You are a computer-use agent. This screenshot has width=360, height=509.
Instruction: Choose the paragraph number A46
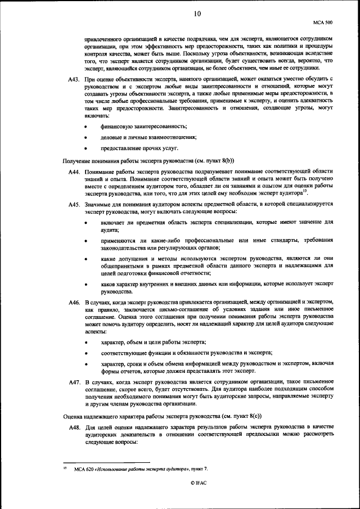click(x=73, y=303)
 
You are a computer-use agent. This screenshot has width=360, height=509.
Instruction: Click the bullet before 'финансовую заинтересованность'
click(x=85, y=127)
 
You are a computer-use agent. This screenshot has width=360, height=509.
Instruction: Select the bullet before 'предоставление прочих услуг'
click(x=85, y=148)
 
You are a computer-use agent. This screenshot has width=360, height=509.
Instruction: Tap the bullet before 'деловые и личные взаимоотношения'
click(x=85, y=137)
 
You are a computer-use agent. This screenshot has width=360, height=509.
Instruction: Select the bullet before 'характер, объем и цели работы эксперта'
click(x=85, y=342)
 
